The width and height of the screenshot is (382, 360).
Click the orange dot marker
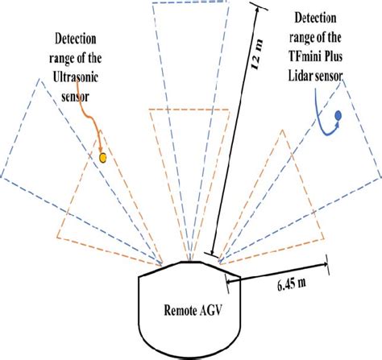102,159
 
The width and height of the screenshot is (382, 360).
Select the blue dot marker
338,114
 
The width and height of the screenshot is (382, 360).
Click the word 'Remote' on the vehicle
177,308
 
